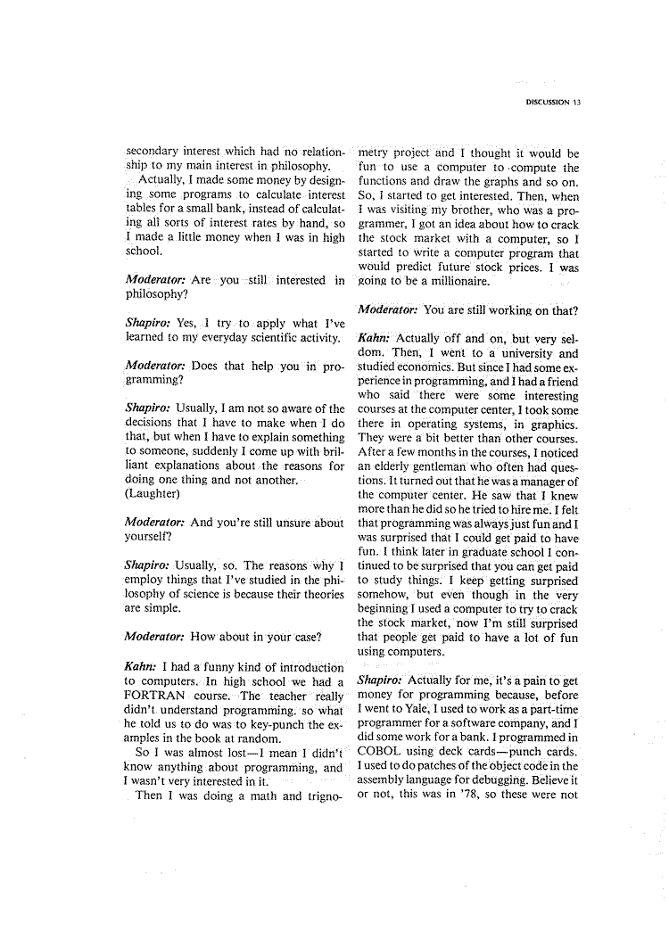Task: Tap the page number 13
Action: (x=577, y=103)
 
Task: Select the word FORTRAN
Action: (x=158, y=696)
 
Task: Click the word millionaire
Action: (x=450, y=282)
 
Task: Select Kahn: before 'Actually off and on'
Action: (x=373, y=338)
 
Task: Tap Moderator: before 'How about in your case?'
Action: (x=158, y=639)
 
